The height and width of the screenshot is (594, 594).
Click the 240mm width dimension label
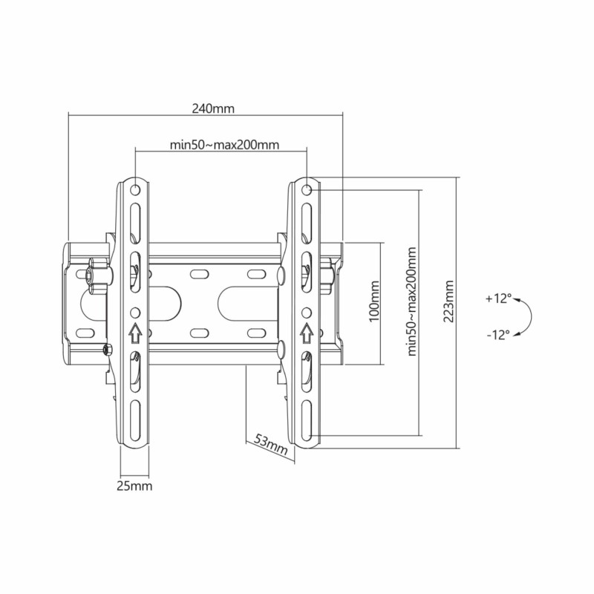click(213, 108)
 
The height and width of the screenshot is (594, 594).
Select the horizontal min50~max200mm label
click(224, 145)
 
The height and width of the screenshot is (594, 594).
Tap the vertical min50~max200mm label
click(412, 301)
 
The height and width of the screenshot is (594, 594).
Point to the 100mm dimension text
click(374, 301)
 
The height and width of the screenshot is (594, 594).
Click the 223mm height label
click(449, 301)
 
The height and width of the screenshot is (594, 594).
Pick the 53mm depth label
click(270, 444)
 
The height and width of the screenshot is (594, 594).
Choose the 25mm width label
click(134, 486)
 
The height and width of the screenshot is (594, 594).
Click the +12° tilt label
click(498, 298)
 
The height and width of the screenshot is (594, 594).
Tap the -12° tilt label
click(498, 335)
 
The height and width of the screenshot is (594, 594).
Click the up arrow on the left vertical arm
click(135, 333)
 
